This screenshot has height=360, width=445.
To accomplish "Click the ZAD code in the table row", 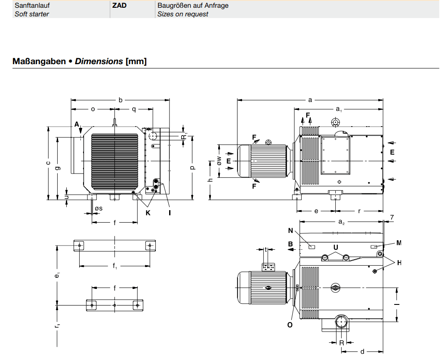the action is pyautogui.click(x=119, y=6).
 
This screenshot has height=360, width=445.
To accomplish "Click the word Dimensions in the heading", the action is pyautogui.click(x=99, y=61).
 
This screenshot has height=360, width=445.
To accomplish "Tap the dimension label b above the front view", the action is pyautogui.click(x=121, y=100).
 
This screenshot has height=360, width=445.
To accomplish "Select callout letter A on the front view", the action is pyautogui.click(x=77, y=124).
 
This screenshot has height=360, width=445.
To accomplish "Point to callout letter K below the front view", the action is pyautogui.click(x=148, y=213).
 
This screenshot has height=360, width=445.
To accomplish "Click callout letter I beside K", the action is pyautogui.click(x=170, y=213).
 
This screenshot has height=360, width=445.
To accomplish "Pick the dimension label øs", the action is pyautogui.click(x=99, y=208).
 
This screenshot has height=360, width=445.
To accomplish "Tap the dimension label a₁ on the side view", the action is pyautogui.click(x=339, y=109).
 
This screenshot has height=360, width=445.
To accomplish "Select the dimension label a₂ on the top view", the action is pyautogui.click(x=341, y=222).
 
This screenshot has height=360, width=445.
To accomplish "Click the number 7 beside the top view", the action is pyautogui.click(x=392, y=217).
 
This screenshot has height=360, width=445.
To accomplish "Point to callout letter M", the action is pyautogui.click(x=399, y=243).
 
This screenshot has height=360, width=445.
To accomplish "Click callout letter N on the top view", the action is pyautogui.click(x=290, y=230).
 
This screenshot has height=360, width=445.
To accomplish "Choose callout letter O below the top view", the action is pyautogui.click(x=290, y=325).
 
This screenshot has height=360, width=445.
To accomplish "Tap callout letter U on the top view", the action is pyautogui.click(x=336, y=247).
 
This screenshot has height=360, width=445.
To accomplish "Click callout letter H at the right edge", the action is pyautogui.click(x=399, y=263).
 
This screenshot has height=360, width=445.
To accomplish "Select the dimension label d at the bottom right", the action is pyautogui.click(x=362, y=351).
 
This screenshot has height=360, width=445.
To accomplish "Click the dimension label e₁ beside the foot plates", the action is pyautogui.click(x=57, y=275).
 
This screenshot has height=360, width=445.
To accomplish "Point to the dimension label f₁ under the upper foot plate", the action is pyautogui.click(x=114, y=266).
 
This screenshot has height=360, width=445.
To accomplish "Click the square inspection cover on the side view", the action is pyautogui.click(x=335, y=155).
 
